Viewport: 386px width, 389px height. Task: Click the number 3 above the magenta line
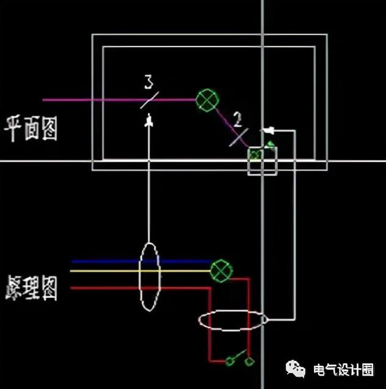point(148,81)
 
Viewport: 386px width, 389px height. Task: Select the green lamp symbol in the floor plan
point(206,100)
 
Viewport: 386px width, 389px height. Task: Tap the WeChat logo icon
point(296,369)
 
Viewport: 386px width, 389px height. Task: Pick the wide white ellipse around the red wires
point(233,320)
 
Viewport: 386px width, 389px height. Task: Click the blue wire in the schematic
point(110,261)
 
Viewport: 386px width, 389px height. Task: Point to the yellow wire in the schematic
point(110,270)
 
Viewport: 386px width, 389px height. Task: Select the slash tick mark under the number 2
point(239,136)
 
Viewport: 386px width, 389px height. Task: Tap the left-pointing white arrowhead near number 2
point(266,130)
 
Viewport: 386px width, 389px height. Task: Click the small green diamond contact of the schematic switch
point(250,362)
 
